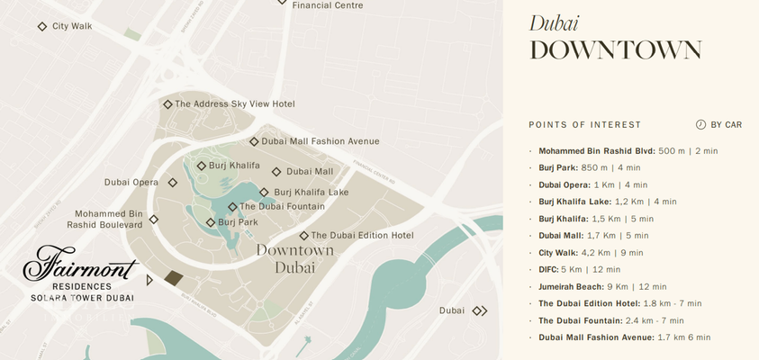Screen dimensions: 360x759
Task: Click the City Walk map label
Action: pos(72,27)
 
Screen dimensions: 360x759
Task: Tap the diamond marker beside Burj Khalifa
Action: pos(202,166)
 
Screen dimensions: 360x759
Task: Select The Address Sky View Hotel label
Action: pos(234,104)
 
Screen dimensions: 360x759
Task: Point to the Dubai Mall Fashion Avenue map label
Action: pos(320,141)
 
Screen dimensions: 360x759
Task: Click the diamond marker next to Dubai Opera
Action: pos(173,183)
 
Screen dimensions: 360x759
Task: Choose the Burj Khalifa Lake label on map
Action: pos(311,193)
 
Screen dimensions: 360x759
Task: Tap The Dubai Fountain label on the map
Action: pos(282,207)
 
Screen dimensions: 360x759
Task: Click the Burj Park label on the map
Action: pos(238,222)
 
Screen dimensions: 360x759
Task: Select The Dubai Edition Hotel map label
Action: pos(362,236)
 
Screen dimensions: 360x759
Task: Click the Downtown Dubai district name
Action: pos(294,257)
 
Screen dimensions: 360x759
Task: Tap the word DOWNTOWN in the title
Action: pos(615,50)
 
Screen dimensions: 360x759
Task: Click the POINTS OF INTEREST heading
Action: pos(584,125)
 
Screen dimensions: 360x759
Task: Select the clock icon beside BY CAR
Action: pos(700,125)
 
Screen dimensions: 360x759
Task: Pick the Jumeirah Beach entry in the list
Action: pos(572,286)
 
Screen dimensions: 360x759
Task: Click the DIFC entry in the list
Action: pos(548,269)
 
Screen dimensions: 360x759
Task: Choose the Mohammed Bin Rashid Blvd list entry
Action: pos(597,151)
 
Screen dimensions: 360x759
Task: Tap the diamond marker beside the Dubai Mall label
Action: pos(277,172)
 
